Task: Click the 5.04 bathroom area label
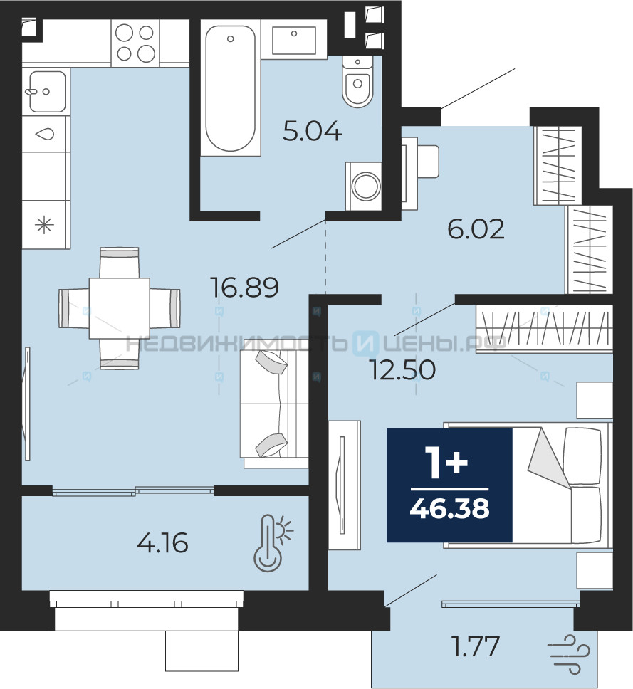coord(312,131)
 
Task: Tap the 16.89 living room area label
coord(245,288)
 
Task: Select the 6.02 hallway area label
coord(476,229)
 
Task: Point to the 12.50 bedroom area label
coord(403,370)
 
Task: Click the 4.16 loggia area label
coord(162,542)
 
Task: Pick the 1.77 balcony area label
coord(476,646)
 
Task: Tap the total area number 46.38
coord(449,509)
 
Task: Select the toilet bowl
coord(357,82)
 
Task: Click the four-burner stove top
coord(135,43)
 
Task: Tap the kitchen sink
coord(47,91)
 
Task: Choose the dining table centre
coord(120,308)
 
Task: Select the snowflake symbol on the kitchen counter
coord(44,226)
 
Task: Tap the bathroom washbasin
coord(294,40)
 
